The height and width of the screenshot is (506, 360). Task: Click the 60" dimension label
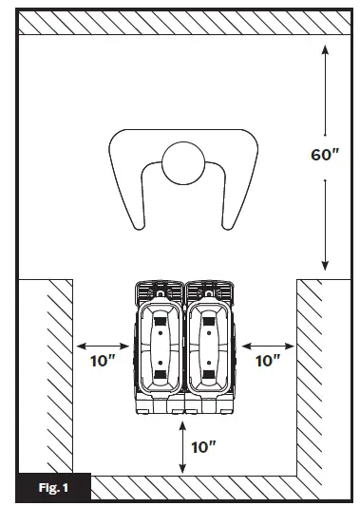point(325,155)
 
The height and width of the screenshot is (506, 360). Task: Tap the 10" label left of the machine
point(103,361)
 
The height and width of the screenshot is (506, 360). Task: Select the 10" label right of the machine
point(268,361)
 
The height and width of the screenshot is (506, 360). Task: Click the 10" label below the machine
point(203,447)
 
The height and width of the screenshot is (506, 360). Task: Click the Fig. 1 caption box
point(53,488)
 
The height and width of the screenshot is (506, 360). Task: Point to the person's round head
point(183,163)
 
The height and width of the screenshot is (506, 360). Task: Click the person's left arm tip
point(140,226)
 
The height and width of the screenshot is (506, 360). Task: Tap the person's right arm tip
point(227,226)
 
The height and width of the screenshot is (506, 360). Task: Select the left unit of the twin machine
point(160,347)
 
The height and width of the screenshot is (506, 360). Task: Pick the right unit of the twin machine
point(210,347)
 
